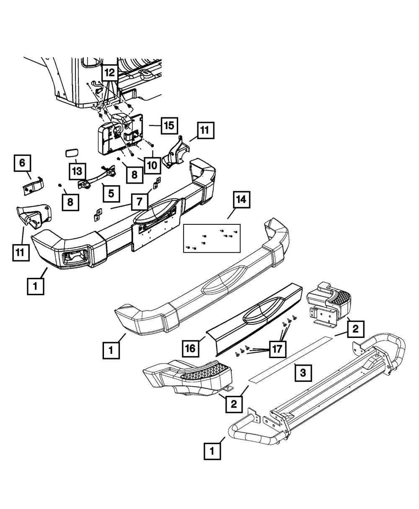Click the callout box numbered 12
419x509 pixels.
tap(109, 73)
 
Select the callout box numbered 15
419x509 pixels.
tap(168, 126)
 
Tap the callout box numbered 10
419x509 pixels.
tap(152, 165)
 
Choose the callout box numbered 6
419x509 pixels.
tap(22, 163)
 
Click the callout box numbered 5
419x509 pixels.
tap(111, 193)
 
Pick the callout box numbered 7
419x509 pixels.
tap(139, 203)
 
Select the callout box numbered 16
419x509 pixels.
tap(191, 348)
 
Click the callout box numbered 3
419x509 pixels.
tap(303, 372)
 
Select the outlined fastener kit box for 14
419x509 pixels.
tap(212, 238)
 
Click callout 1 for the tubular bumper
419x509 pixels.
tap(212, 452)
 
